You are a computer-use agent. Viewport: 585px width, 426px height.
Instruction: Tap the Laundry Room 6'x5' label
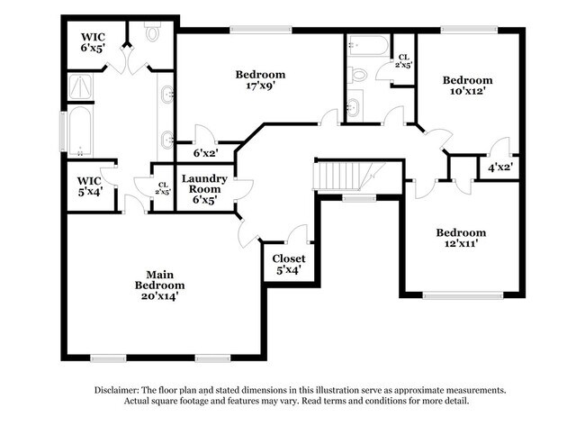point(204,189)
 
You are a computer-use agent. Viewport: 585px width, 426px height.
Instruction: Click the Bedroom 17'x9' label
point(260,80)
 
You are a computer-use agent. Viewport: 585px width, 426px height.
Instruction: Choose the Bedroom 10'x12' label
point(468,86)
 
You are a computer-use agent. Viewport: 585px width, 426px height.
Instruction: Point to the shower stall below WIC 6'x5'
point(80,87)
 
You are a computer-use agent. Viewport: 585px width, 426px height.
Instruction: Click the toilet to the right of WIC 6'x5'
point(153,34)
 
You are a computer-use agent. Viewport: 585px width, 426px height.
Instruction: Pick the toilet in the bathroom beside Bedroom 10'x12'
point(357,75)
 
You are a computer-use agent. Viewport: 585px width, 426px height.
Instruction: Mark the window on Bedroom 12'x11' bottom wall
point(463,295)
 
